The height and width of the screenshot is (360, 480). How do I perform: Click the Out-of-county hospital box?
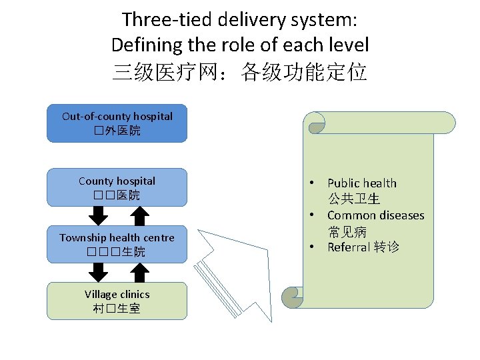pyautogui.click(x=117, y=123)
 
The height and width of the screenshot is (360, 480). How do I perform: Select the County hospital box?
pyautogui.click(x=117, y=187)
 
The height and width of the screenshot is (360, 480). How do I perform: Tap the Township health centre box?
pyautogui.click(x=117, y=245)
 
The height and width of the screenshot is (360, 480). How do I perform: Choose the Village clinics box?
pyautogui.click(x=117, y=301)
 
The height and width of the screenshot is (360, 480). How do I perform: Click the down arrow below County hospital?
pyautogui.click(x=99, y=215)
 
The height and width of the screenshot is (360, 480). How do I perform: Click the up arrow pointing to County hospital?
pyautogui.click(x=139, y=215)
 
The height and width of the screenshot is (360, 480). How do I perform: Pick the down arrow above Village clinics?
pyautogui.click(x=99, y=273)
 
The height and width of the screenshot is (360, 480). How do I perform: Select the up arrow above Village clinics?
pyautogui.click(x=139, y=273)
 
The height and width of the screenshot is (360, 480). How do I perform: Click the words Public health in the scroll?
pyautogui.click(x=361, y=183)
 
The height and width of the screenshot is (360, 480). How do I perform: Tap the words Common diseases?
pyautogui.click(x=375, y=215)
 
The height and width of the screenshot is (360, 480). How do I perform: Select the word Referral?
pyautogui.click(x=348, y=247)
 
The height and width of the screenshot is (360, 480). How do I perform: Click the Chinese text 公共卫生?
pyautogui.click(x=353, y=199)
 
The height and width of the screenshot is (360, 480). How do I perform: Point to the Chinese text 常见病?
pyautogui.click(x=347, y=231)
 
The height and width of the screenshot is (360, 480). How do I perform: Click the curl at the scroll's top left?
pyautogui.click(x=315, y=123)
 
